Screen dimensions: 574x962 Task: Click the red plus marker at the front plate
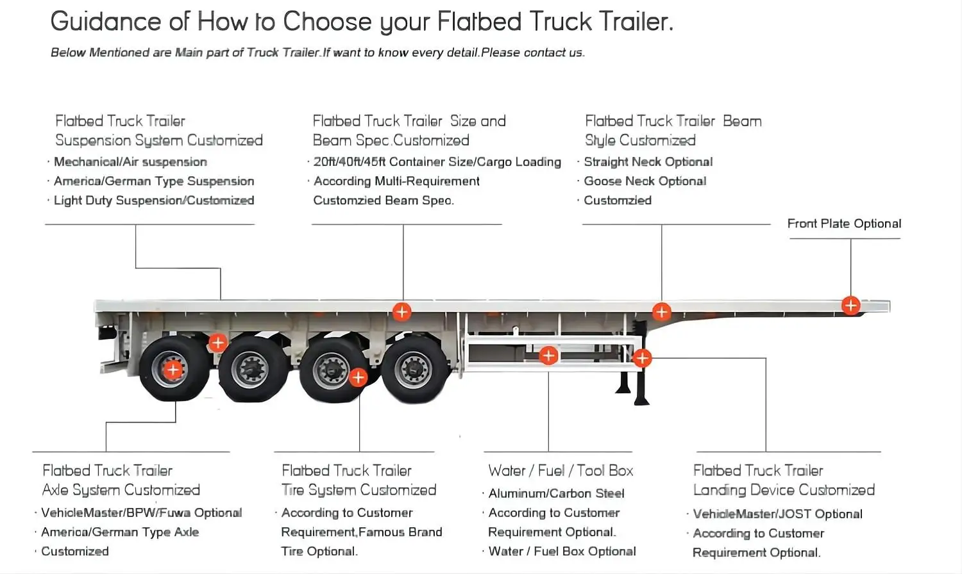[x=850, y=306]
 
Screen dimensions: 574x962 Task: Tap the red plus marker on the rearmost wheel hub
[x=173, y=369]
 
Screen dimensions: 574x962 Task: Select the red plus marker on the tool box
[x=548, y=356]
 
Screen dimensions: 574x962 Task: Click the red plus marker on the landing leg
[x=642, y=358]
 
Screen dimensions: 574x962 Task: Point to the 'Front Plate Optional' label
[x=844, y=224]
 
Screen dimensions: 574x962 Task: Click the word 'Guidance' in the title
[x=106, y=22]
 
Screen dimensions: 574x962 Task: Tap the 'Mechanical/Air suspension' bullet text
[x=130, y=162]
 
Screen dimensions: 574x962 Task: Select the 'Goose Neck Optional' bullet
[x=645, y=181]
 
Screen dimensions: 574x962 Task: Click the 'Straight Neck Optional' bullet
[x=648, y=162]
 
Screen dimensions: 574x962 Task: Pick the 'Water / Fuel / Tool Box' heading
[x=561, y=471]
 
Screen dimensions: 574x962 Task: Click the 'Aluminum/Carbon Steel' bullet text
[x=556, y=493]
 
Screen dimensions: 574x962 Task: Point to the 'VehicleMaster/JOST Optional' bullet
[x=777, y=514]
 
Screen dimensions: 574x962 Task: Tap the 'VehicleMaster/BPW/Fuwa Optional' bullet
[x=141, y=512]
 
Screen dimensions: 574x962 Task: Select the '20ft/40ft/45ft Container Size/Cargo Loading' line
[x=437, y=162]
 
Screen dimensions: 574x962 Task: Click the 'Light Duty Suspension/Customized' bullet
[x=154, y=201]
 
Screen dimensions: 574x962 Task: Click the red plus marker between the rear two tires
[x=218, y=343]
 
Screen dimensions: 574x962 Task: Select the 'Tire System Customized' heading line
[x=359, y=490]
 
